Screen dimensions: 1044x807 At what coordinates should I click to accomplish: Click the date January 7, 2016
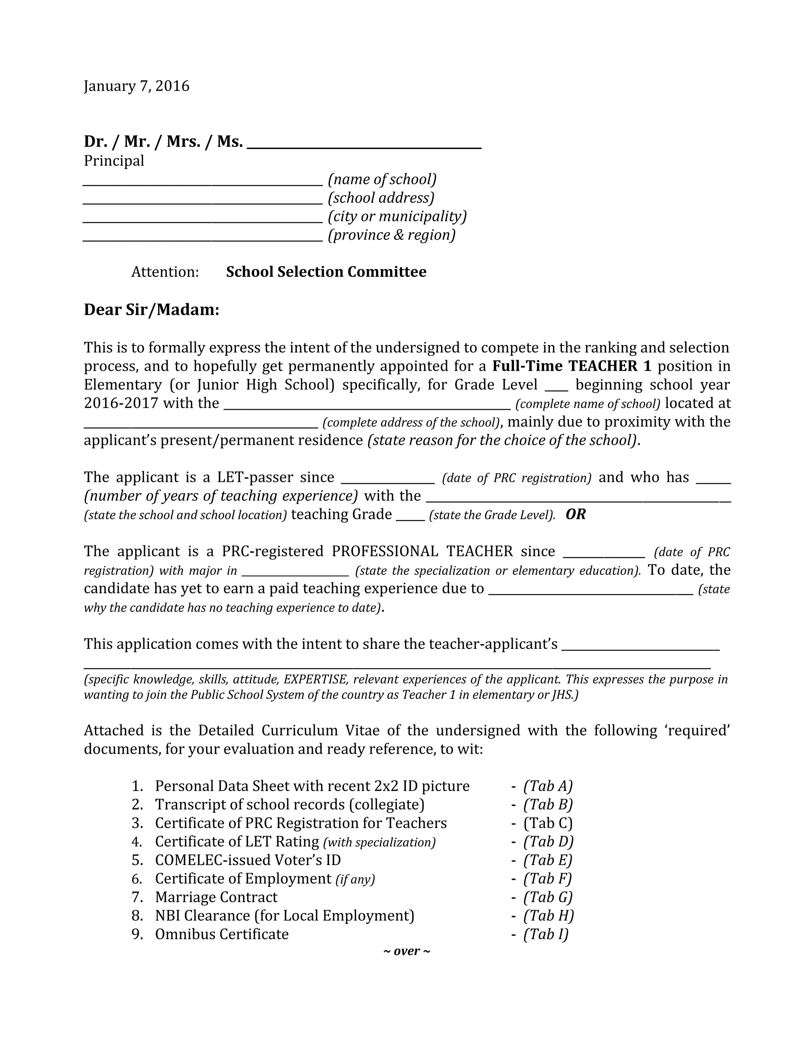tap(137, 86)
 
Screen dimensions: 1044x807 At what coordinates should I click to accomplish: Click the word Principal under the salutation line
tap(114, 161)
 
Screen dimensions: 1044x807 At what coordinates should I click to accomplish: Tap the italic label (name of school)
tap(382, 179)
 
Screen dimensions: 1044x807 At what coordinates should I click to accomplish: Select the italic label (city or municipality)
tap(397, 217)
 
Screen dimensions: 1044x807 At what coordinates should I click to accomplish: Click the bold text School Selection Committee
tap(326, 272)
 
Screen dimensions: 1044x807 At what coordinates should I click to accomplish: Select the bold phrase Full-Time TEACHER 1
tap(572, 366)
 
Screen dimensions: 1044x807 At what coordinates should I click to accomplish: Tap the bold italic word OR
tap(576, 515)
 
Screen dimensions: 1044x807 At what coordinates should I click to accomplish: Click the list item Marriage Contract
tap(216, 897)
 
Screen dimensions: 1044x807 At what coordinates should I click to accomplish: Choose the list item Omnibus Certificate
tap(222, 934)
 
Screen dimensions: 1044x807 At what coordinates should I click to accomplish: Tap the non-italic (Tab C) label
tap(548, 823)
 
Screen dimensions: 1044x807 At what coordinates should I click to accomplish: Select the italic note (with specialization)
tap(379, 842)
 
